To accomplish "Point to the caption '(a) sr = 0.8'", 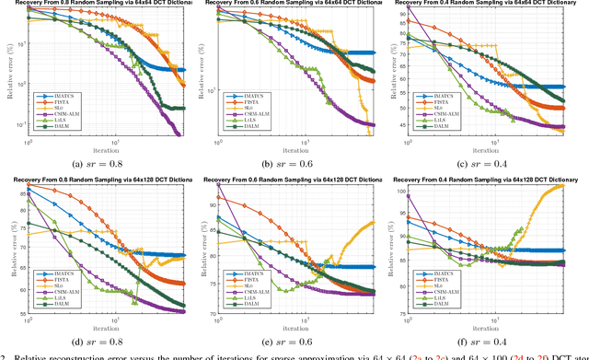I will coord(98,164).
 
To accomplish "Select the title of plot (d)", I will coord(98,180).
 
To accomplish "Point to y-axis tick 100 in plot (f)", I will coord(408,192).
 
